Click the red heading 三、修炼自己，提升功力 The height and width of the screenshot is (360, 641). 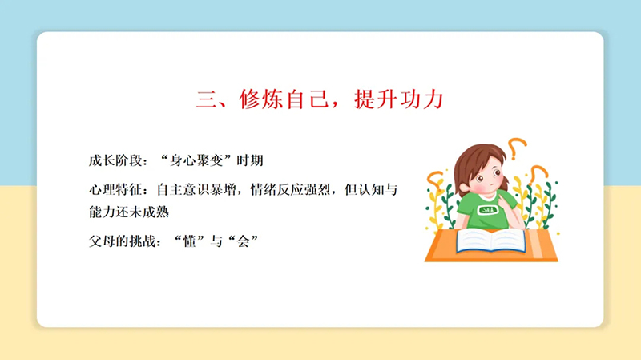(x=320, y=99)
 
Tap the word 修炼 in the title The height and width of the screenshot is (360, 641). (x=261, y=99)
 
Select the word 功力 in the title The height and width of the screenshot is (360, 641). (x=422, y=99)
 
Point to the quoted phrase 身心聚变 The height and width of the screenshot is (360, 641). (x=196, y=160)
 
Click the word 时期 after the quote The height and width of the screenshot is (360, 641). (x=250, y=160)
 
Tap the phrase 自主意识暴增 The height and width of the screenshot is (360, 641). (x=196, y=190)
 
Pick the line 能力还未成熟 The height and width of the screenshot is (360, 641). (x=129, y=212)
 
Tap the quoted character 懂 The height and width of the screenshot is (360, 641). (x=189, y=241)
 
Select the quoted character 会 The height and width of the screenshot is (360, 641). (x=243, y=241)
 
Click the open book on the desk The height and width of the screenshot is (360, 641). (x=491, y=241)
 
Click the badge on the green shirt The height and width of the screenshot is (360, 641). (x=488, y=210)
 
